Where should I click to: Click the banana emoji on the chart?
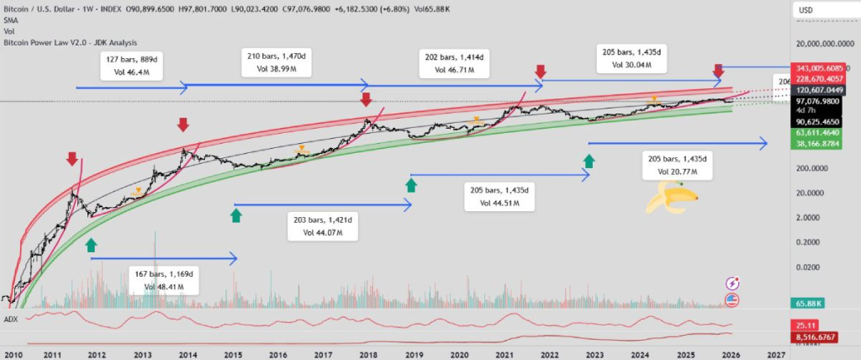[672, 196]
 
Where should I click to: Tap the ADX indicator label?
[11, 320]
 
